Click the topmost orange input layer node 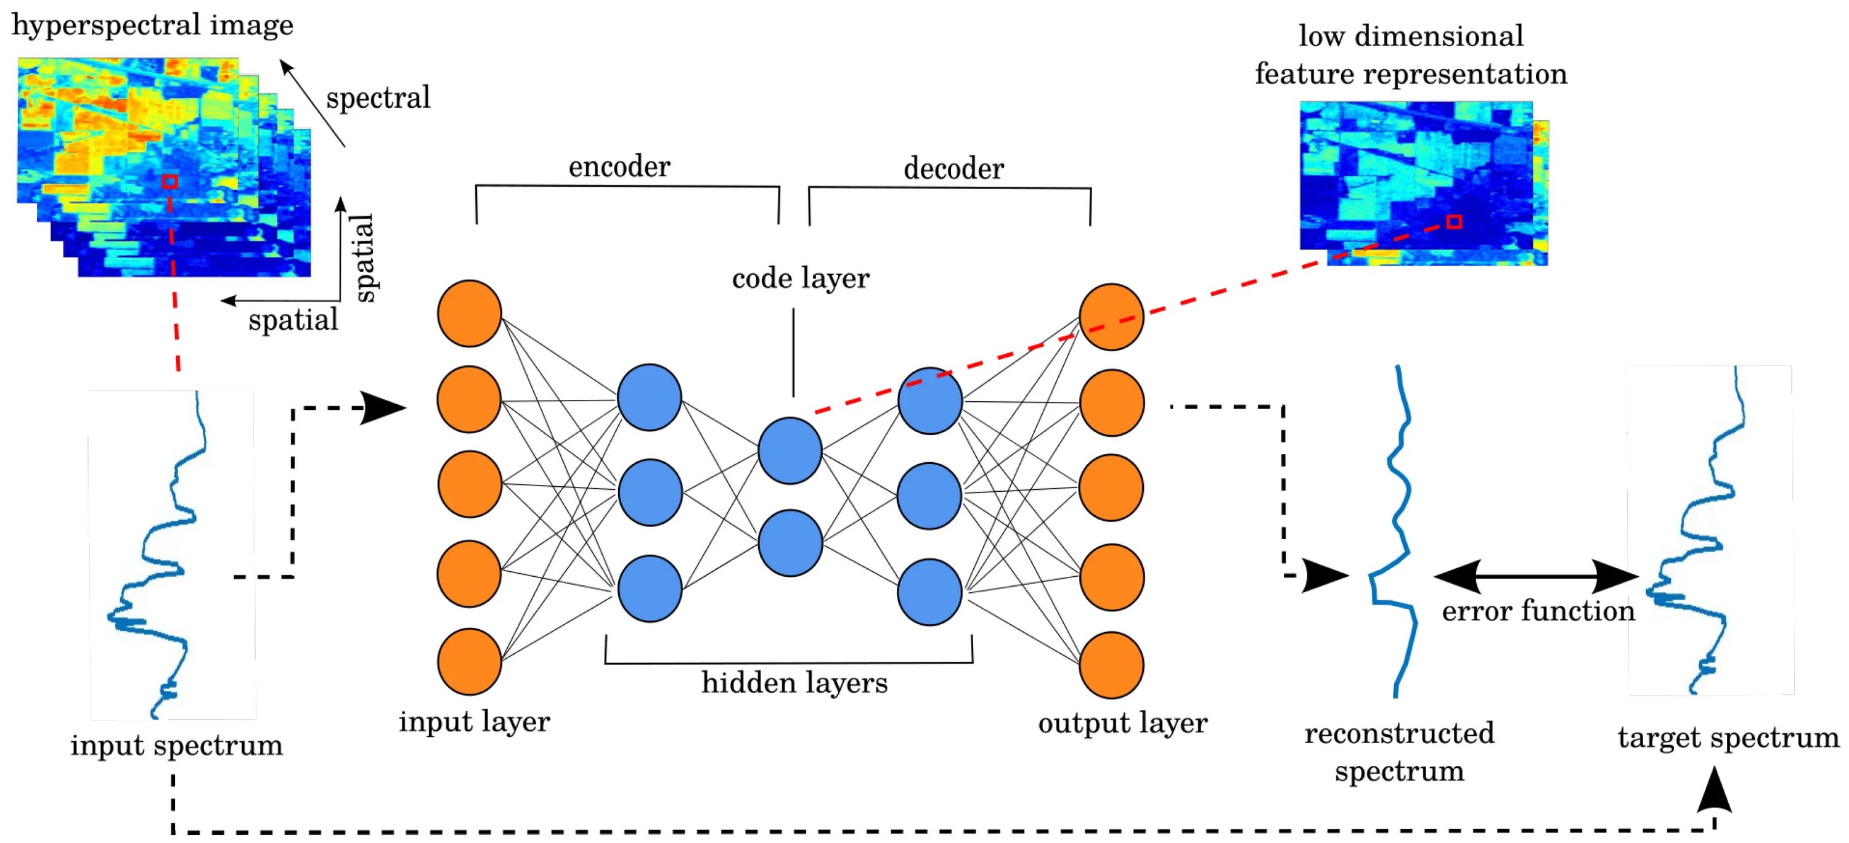point(470,314)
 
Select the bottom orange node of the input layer point(470,661)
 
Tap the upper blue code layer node point(790,450)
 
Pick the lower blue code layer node point(790,542)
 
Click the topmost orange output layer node point(1111,316)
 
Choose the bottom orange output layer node point(1111,665)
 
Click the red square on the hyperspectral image point(169,182)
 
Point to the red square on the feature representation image point(1453,222)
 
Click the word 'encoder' point(619,166)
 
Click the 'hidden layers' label point(794,682)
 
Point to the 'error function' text point(1538,611)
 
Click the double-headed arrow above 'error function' point(1536,576)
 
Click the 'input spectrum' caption point(176,746)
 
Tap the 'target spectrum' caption point(1728,738)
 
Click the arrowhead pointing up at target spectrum point(1714,789)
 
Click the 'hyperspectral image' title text point(152,25)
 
